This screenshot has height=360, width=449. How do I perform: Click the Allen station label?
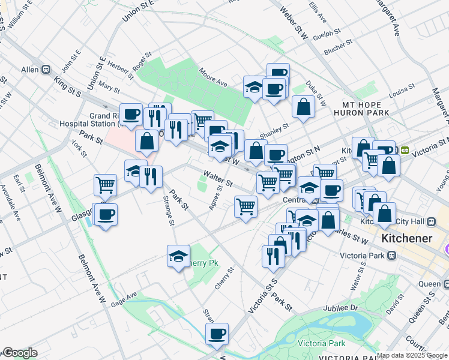[29, 70]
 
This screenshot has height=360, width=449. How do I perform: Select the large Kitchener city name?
[406, 239]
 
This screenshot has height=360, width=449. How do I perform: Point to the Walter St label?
[217, 178]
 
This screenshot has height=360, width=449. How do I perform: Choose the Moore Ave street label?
[213, 77]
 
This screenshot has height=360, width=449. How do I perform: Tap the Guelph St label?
[327, 34]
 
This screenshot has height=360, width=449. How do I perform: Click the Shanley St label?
[274, 130]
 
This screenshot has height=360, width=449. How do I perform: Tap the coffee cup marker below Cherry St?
[217, 334]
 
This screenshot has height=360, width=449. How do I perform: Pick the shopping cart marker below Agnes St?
[246, 207]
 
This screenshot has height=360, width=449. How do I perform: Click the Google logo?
[20, 353]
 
